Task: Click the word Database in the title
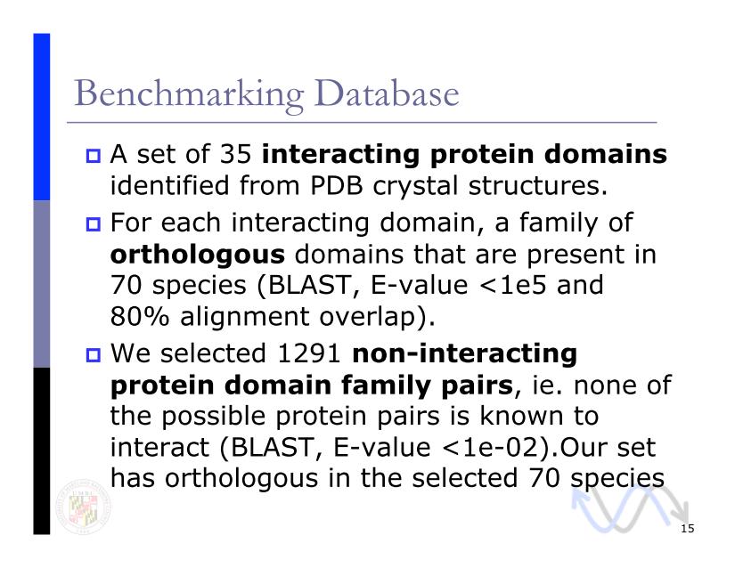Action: pos(388,93)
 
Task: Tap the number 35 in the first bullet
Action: pos(236,154)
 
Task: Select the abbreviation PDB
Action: pos(336,185)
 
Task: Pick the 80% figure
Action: pos(139,317)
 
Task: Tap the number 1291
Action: pos(308,353)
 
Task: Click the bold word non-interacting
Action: pos(464,353)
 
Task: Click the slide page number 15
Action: pos(687,529)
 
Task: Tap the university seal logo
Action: pos(83,507)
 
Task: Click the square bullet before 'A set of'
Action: pos(94,156)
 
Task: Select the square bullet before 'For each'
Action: pos(94,223)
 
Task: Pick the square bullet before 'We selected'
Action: pos(94,354)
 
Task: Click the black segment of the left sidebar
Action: pos(41,451)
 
